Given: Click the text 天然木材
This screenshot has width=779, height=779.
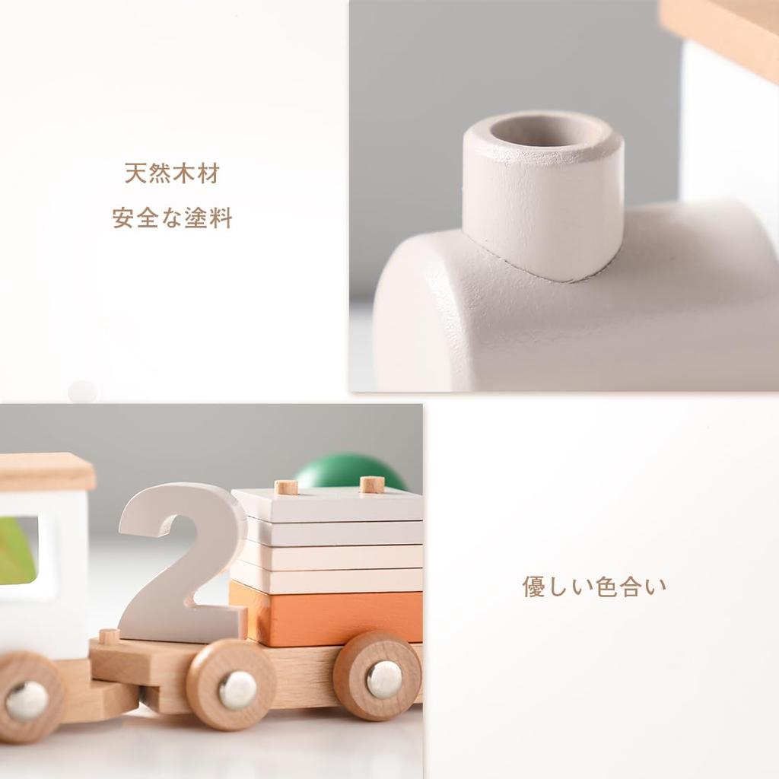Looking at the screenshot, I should (x=171, y=173).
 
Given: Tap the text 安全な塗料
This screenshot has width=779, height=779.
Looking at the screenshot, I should (x=172, y=219).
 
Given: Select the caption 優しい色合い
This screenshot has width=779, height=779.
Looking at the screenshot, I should (x=593, y=587).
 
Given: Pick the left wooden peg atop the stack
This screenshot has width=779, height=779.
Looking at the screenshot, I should (x=286, y=487).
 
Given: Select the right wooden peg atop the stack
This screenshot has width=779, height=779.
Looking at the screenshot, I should (x=371, y=484).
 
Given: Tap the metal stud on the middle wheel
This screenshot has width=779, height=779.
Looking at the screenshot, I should (x=237, y=689).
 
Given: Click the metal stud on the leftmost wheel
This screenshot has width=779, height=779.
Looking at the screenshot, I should (x=27, y=699).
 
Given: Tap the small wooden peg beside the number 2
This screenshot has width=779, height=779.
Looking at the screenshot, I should (x=110, y=636).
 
